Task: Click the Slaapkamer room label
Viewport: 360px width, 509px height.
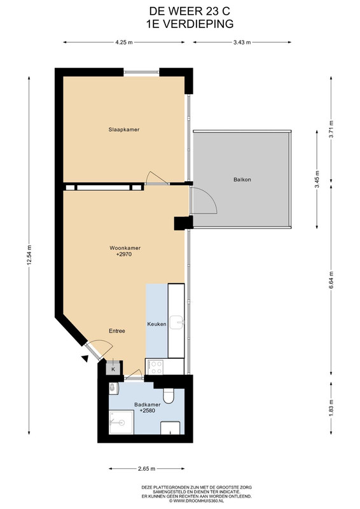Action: pos(124,130)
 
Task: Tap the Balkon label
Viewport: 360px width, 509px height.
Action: pos(242,179)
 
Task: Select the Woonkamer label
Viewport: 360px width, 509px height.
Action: pos(125,248)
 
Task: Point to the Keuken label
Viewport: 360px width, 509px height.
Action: pos(157,324)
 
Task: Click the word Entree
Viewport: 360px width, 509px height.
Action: pos(117,331)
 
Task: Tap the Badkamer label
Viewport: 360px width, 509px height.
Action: pos(148,405)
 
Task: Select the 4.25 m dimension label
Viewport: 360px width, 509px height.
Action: pos(124,42)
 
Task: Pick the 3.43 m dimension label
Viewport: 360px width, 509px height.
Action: pos(242,42)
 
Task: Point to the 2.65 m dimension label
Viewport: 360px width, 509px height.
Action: pos(147,469)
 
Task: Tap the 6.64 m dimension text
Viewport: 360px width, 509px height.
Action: pos(331,280)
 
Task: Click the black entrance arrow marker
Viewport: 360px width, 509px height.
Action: pos(85,358)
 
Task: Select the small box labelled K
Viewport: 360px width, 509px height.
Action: pos(113,368)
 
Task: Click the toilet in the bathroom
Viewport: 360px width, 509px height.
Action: pos(169,396)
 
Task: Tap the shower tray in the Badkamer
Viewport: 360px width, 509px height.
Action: pos(121,422)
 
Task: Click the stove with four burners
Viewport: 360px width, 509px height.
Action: pos(155,367)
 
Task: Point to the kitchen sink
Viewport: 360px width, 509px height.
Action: pos(177,323)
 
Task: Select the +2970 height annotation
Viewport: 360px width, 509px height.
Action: pos(124,254)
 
